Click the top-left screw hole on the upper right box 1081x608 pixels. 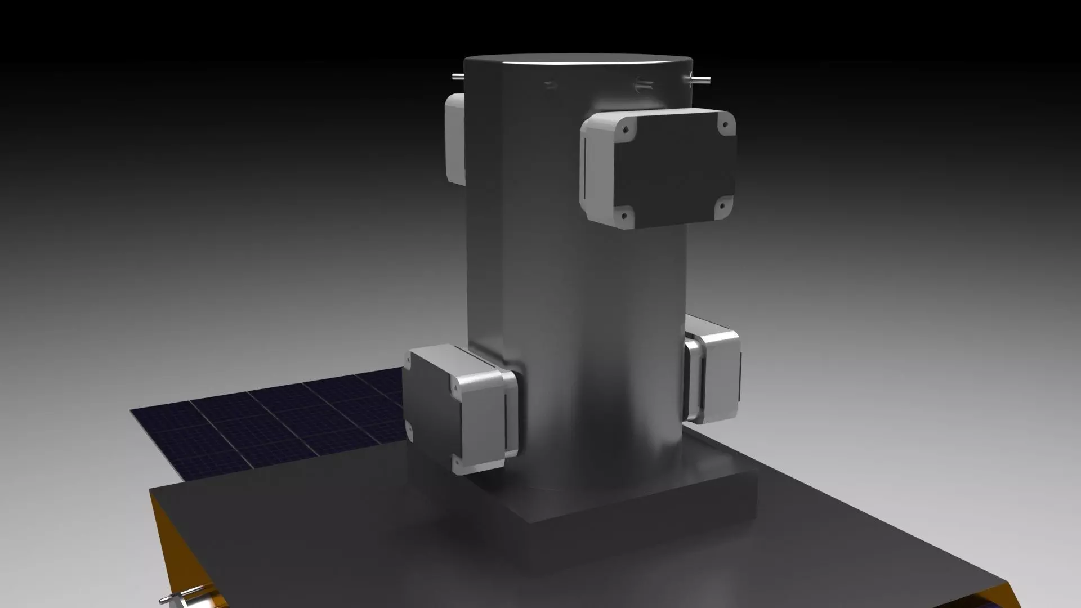(x=625, y=129)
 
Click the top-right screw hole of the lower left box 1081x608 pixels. (x=453, y=388)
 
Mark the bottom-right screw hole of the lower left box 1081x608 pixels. (x=457, y=463)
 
